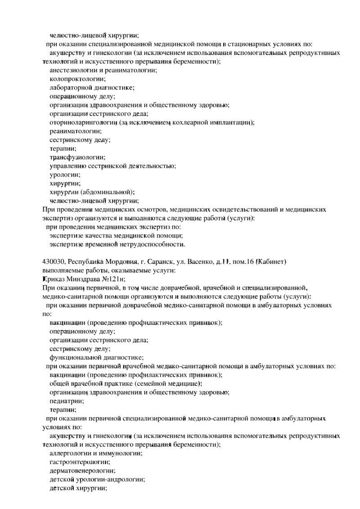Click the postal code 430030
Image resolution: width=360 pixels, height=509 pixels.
[54, 261]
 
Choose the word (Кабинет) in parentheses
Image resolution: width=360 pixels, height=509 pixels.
[271, 261]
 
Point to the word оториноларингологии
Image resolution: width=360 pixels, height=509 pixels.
[83, 122]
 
